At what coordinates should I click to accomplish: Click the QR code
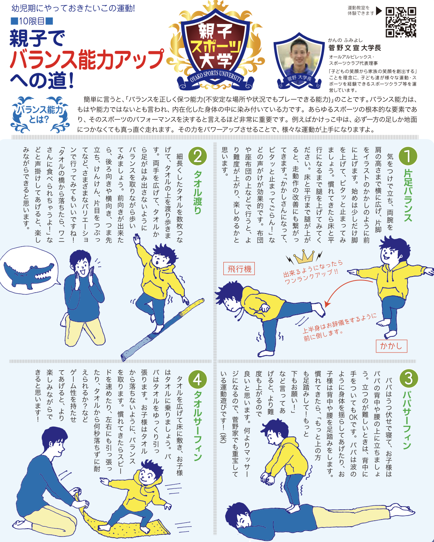point(401,22)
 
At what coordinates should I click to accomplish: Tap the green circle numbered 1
point(408,156)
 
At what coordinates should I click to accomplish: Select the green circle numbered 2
point(197,156)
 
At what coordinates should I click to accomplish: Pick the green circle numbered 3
point(408,379)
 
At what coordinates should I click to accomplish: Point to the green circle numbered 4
point(197,380)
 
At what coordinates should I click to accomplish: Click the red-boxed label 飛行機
point(239,269)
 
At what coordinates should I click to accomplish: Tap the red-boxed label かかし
point(391,346)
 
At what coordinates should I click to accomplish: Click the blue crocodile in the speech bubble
point(29,275)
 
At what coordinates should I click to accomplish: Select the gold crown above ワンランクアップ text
point(304,256)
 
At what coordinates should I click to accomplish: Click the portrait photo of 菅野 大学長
point(299,60)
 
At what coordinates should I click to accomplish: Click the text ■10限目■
point(32,21)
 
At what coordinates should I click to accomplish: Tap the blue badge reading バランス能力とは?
point(40,114)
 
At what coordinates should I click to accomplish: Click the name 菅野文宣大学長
point(355,48)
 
